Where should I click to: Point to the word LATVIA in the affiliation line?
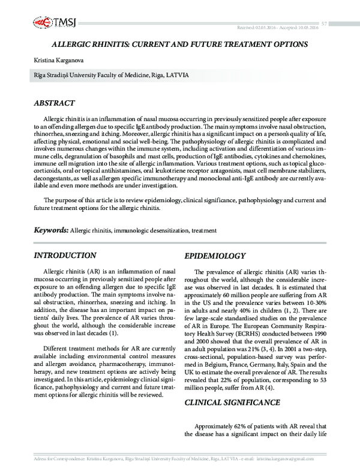point(179,76)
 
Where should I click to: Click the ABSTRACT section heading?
point(55,103)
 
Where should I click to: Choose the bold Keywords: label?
point(51,230)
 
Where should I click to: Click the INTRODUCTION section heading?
point(65,256)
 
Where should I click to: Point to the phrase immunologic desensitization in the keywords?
point(149,230)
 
